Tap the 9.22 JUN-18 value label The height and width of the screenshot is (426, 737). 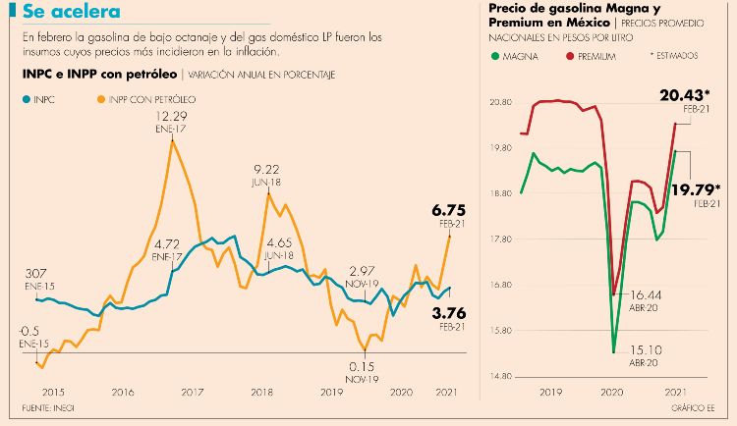pyautogui.click(x=267, y=169)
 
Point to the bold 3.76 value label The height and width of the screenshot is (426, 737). pyautogui.click(x=447, y=313)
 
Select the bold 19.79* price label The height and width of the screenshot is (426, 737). pyautogui.click(x=695, y=189)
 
